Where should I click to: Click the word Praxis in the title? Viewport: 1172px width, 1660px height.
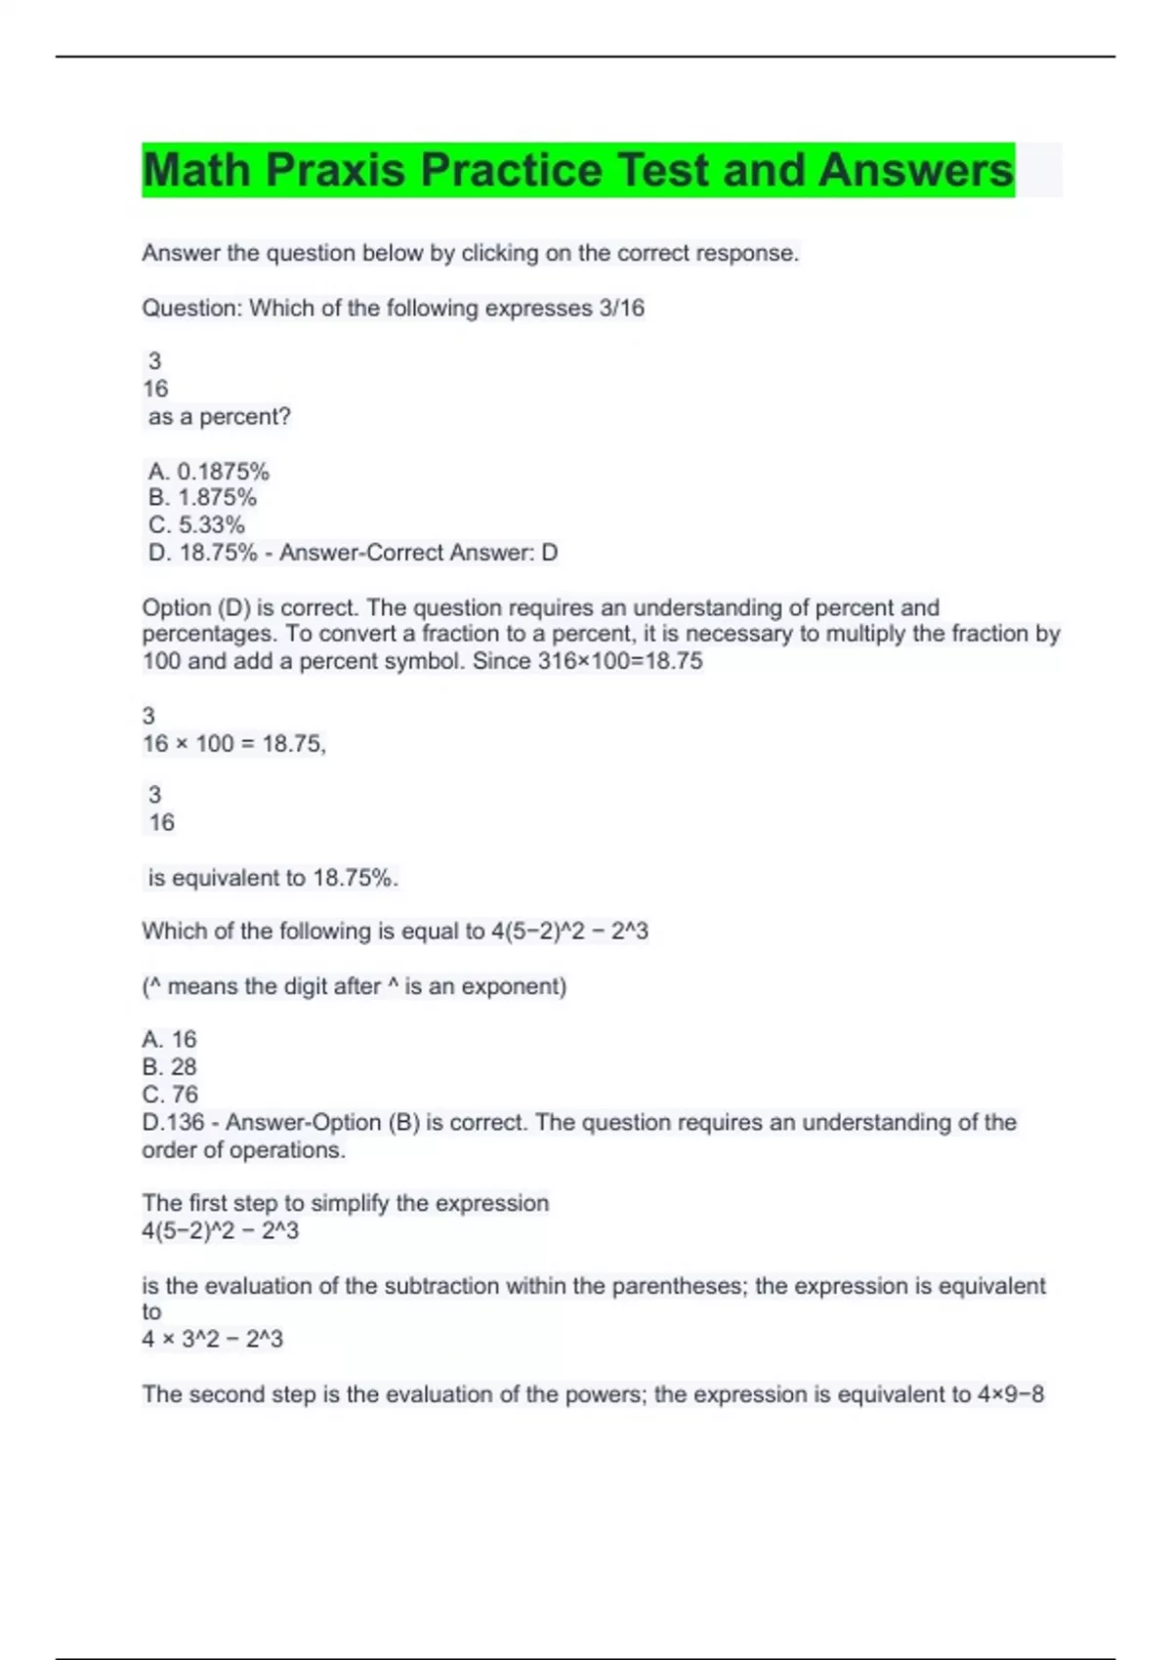(335, 171)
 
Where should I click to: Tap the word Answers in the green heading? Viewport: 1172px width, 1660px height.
(916, 171)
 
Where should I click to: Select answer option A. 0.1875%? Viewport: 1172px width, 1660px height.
(208, 472)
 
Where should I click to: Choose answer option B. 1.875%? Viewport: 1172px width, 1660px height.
(202, 498)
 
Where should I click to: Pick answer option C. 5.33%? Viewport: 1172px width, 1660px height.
(196, 525)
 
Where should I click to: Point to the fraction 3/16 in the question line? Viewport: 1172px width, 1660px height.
(620, 309)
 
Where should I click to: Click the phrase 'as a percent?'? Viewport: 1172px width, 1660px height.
(219, 417)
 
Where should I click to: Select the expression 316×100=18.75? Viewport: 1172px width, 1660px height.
(620, 661)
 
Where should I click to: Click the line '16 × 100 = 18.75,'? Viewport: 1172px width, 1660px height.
(233, 744)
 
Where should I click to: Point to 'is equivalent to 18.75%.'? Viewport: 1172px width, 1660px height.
(272, 878)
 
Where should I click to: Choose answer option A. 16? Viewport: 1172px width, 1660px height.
(169, 1039)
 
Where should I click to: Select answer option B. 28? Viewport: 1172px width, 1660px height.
(169, 1067)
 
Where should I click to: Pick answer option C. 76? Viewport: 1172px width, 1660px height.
(169, 1095)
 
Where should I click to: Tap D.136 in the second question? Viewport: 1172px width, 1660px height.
(173, 1123)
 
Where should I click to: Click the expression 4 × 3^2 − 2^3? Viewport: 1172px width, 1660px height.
(212, 1339)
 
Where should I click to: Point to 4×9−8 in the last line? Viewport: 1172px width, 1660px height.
(1011, 1394)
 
